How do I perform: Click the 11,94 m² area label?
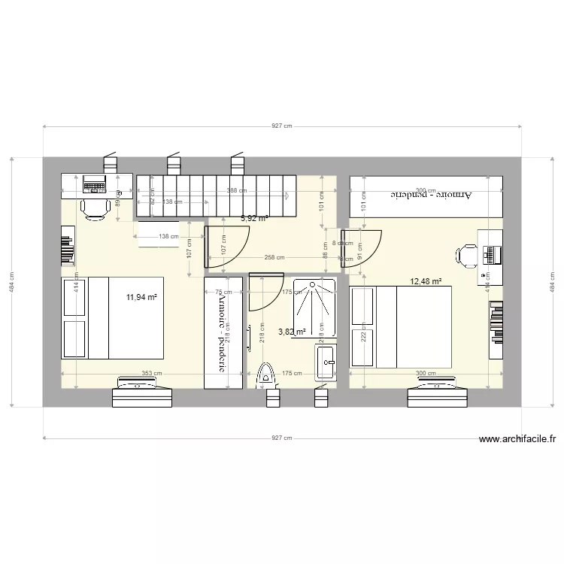142,297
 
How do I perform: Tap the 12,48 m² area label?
425,282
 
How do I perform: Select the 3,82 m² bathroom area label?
292,332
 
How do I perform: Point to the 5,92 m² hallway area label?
254,219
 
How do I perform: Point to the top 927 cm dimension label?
281,127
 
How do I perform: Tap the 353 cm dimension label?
151,373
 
